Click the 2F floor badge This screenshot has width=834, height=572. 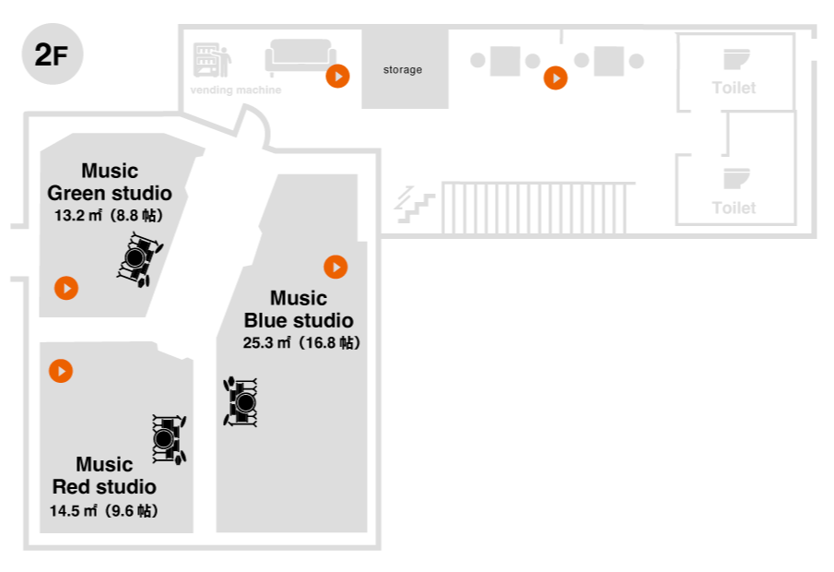click(53, 54)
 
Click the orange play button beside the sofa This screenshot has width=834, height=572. click(338, 76)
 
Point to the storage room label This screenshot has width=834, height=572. click(403, 70)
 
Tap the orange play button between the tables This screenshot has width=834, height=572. click(555, 78)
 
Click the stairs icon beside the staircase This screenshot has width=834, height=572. click(415, 204)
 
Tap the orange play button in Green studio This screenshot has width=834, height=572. click(65, 288)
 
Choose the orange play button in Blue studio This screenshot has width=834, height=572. click(335, 267)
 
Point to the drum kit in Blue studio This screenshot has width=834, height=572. click(241, 402)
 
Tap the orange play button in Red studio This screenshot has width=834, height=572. click(61, 371)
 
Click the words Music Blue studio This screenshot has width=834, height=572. click(298, 310)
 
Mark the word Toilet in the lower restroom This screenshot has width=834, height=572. click(734, 209)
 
